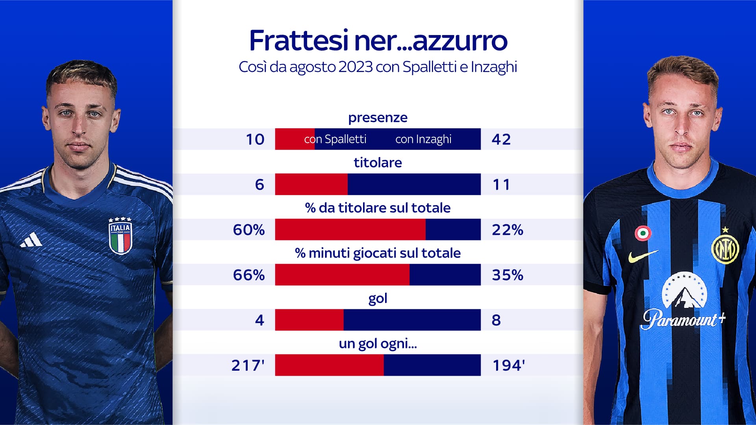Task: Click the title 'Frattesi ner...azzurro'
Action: [378, 41]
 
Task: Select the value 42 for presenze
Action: [501, 139]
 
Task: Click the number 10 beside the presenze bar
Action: [255, 139]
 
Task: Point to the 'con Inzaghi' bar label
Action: [423, 139]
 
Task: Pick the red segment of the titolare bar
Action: [311, 184]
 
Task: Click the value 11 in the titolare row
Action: [501, 185]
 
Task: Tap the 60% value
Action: [249, 230]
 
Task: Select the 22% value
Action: [507, 230]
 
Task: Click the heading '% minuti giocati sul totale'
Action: [378, 253]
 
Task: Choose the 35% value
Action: [507, 275]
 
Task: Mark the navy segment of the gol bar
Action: [412, 320]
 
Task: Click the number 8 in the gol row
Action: [496, 320]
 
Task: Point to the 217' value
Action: [248, 366]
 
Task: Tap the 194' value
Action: [508, 366]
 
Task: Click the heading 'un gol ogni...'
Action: [378, 344]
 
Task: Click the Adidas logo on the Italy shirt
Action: [31, 240]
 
